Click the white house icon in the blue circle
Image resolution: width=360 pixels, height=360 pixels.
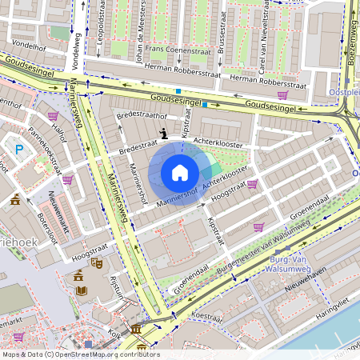click(180, 173)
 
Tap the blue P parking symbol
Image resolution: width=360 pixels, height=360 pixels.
click(19, 148)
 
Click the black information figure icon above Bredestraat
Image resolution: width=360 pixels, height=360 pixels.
click(165, 134)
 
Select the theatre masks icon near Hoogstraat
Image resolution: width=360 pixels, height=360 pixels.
click(96, 262)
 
